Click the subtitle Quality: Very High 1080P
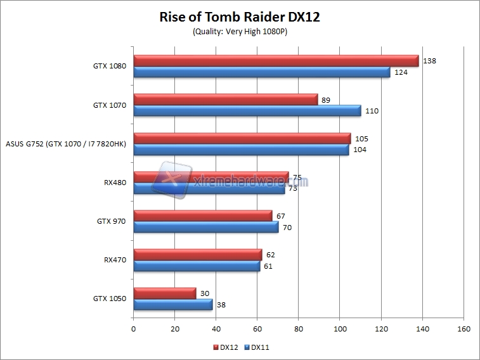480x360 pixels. pos(240,32)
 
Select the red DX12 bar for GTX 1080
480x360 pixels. pos(276,61)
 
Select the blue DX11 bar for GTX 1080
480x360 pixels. pos(261,72)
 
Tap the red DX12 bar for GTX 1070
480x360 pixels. pos(225,100)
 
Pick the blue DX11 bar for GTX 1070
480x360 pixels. pos(247,111)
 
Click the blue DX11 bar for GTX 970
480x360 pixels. pos(205,227)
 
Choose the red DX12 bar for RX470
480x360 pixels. pos(197,254)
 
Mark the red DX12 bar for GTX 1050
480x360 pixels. pos(164,293)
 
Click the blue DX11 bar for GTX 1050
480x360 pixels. pos(172,304)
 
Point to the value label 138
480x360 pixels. pos(431,61)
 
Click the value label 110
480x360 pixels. pos(373,111)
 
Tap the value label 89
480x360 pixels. pos(326,100)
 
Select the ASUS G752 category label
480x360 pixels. pos(65,144)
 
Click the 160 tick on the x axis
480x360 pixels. pos(464,329)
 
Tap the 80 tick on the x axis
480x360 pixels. pos(298,329)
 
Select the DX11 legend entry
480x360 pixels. pos(257,347)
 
